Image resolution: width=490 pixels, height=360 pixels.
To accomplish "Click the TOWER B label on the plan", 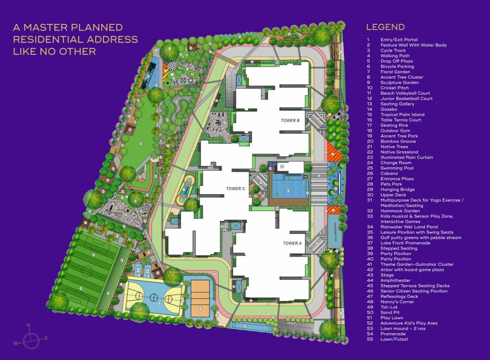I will tap(290, 120).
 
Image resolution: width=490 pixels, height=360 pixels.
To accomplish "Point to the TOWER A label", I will tap(291, 243).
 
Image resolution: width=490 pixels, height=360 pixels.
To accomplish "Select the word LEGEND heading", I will tap(385, 27).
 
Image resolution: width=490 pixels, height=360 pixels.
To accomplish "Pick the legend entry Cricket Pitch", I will tap(394, 88).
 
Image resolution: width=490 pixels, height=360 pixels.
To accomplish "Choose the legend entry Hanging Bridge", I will tap(398, 189).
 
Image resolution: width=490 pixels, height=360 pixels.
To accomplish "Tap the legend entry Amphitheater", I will tap(396, 280).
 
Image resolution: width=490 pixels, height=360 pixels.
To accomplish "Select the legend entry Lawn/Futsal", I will tap(394, 339).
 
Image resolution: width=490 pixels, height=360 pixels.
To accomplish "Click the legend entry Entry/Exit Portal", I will tap(399, 40).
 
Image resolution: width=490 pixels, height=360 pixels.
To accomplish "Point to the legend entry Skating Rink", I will tap(394, 125).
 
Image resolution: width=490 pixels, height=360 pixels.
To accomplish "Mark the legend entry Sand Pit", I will tap(390, 312).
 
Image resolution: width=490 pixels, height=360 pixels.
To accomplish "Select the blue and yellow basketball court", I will tap(154, 296).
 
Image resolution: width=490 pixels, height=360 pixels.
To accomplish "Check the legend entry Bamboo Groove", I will tap(398, 141).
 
